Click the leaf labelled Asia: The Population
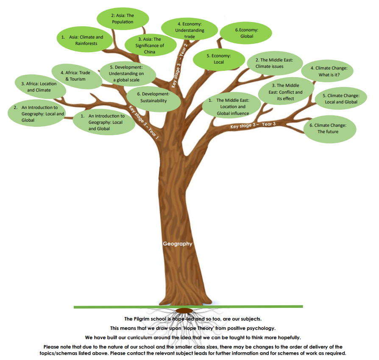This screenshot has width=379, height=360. tap(123, 19)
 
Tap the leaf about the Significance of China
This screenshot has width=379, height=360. tap(150, 46)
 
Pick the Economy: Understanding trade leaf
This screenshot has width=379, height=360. tap(190, 31)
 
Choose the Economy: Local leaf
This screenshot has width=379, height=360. tap(218, 59)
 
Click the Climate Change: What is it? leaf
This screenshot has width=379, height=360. tap(329, 71)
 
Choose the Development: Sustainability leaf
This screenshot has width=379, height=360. tap(154, 98)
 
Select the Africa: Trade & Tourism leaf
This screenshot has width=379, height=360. tap(78, 76)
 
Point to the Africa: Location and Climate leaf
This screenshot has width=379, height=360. tap(41, 87)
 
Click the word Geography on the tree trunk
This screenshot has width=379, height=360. tap(178, 244)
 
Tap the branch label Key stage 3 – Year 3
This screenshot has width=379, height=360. tap(253, 125)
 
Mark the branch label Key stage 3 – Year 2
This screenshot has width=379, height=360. tap(182, 60)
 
